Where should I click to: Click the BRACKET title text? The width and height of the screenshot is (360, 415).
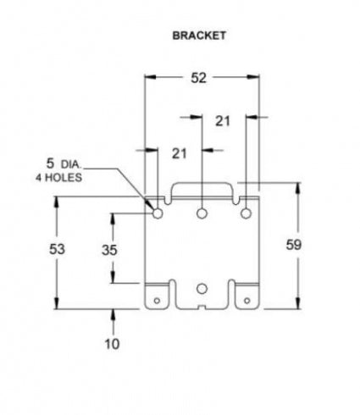click(199, 36)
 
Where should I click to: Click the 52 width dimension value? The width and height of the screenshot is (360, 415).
click(199, 78)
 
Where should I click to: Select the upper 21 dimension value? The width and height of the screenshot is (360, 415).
click(223, 121)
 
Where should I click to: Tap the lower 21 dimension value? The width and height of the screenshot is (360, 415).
click(180, 154)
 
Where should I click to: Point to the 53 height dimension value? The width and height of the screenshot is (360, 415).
click(57, 249)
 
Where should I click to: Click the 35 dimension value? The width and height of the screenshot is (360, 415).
click(109, 250)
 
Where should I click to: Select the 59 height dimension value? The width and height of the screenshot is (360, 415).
click(294, 245)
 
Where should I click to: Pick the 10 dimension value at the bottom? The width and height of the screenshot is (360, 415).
click(113, 344)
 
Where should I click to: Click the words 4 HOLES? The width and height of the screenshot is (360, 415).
click(58, 178)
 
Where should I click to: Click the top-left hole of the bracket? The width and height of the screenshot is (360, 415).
click(158, 213)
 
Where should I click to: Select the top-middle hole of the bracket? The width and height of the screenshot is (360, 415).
click(202, 213)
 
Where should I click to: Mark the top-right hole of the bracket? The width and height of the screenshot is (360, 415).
click(246, 213)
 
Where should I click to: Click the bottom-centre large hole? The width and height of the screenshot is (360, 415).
click(202, 289)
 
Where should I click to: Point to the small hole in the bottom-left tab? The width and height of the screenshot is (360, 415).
click(157, 301)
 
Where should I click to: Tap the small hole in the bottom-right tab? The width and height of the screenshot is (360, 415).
click(247, 301)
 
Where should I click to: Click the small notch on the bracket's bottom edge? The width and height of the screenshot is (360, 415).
click(202, 307)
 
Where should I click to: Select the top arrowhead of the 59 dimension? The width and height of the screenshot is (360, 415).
click(297, 189)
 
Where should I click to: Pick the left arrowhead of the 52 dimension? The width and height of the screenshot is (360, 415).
click(151, 77)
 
